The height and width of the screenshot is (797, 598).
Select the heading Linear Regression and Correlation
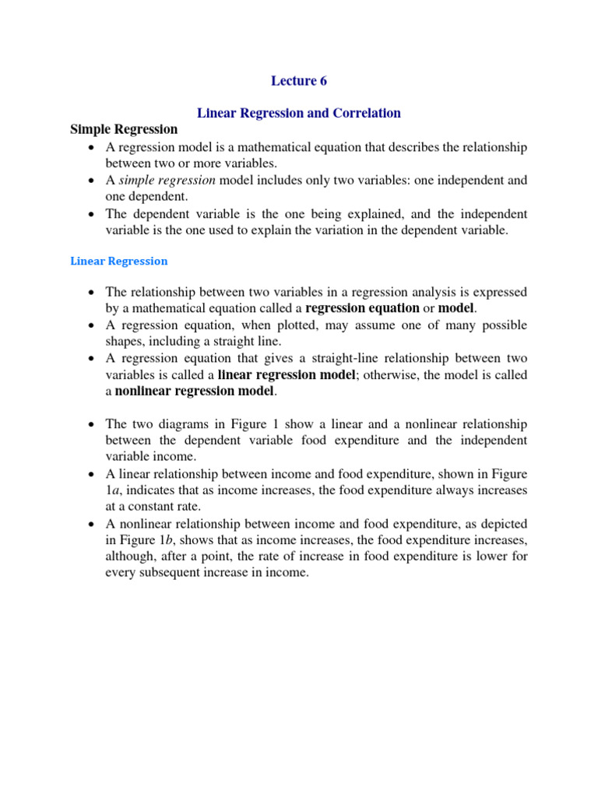pos(299,113)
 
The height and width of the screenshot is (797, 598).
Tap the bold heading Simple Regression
pos(124,129)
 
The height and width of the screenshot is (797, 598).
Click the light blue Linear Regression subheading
pos(118,261)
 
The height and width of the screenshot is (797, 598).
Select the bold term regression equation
pos(362,308)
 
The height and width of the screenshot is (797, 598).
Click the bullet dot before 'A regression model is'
pos(92,148)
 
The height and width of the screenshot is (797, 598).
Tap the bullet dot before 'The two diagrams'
pos(92,425)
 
